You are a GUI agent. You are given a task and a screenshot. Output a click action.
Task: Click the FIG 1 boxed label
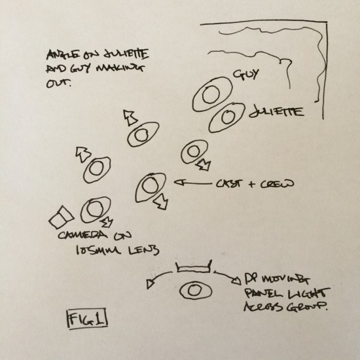[x=87, y=319]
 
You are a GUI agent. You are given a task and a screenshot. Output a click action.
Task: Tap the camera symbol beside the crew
[x=62, y=217]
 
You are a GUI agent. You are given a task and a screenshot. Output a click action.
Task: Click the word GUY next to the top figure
[x=246, y=75]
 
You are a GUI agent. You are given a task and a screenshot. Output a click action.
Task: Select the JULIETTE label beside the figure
[x=276, y=112]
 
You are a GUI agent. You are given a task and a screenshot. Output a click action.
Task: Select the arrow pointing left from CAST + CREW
[x=193, y=183]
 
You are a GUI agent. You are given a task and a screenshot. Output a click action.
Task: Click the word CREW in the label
[x=277, y=184]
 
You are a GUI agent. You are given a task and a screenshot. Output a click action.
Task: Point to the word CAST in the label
[x=229, y=184]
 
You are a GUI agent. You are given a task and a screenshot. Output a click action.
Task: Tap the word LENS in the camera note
[x=143, y=250]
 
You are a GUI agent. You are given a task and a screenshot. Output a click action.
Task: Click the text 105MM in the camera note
[x=98, y=250]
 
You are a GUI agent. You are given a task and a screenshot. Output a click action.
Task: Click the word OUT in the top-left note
[x=59, y=83]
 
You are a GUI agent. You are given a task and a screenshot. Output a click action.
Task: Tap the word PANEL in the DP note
[x=261, y=293]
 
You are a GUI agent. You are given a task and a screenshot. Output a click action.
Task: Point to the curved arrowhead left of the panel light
[x=150, y=284]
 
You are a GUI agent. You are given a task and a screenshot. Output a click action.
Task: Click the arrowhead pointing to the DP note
[x=236, y=281]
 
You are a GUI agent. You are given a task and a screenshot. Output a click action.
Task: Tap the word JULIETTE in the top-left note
[x=126, y=54]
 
